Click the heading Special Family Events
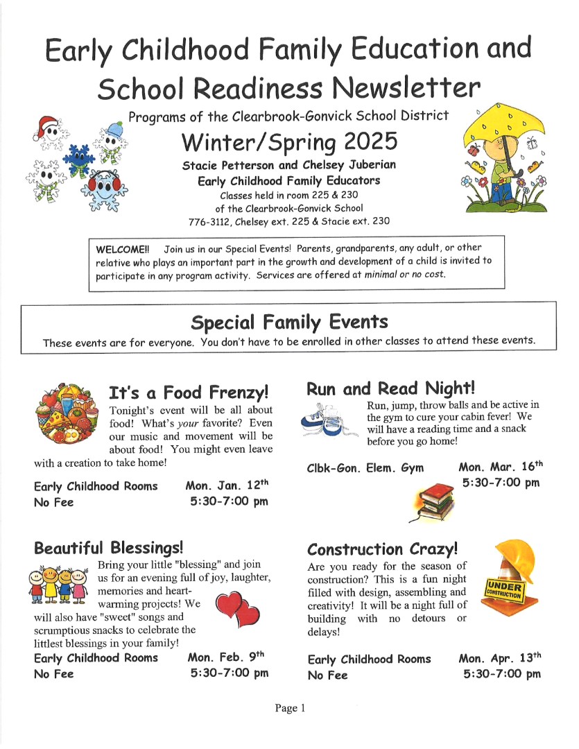[289, 322]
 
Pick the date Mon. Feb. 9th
[226, 656]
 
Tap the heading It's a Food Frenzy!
[189, 393]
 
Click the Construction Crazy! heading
[383, 549]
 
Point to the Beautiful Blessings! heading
[108, 548]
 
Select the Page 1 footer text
[290, 708]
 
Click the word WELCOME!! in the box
[122, 248]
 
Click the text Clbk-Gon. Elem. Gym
[365, 468]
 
